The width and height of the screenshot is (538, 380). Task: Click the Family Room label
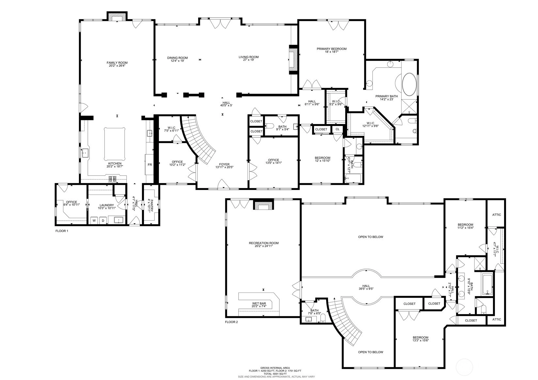117,63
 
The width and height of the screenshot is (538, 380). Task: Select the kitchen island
115,144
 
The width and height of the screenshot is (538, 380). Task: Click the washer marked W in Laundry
94,220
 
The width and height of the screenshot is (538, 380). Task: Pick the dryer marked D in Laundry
103,220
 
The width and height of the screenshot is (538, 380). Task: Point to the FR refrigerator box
150,165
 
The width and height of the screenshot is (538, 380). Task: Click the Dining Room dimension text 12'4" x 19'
178,61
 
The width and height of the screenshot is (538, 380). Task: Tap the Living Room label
248,57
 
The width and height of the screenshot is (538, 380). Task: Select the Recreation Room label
264,243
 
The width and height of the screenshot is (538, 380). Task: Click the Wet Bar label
259,304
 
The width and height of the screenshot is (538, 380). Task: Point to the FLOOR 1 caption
62,231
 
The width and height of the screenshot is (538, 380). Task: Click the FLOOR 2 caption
231,322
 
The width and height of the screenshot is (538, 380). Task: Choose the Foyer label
224,164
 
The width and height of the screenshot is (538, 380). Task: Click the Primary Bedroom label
331,49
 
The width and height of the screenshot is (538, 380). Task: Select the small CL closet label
338,129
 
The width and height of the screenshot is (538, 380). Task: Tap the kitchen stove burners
112,179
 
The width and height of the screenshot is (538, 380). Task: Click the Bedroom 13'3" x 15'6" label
420,338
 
